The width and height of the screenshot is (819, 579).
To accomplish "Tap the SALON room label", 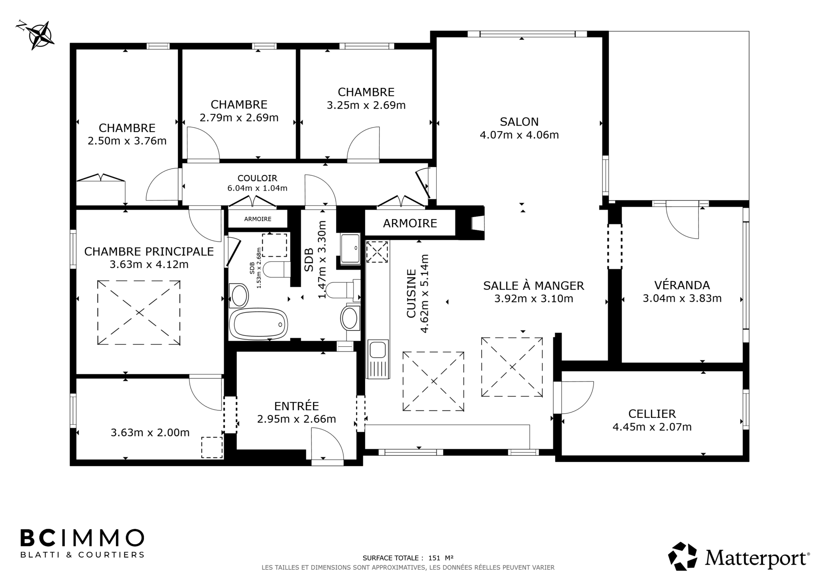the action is (x=519, y=122).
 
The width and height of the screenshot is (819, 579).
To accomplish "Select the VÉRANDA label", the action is (x=682, y=285).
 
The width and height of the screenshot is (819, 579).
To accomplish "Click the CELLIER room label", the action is (x=652, y=413).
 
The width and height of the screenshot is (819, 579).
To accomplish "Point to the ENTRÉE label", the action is (x=296, y=406).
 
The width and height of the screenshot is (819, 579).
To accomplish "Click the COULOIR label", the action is (x=257, y=178).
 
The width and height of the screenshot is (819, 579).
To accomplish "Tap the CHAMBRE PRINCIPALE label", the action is (x=149, y=252).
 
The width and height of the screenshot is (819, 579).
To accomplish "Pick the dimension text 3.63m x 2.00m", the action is (x=150, y=432).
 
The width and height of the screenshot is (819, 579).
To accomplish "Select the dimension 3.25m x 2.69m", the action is (x=366, y=105).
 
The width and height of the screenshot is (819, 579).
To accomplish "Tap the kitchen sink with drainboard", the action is (x=378, y=359).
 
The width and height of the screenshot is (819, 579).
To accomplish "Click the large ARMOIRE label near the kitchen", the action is (x=410, y=223).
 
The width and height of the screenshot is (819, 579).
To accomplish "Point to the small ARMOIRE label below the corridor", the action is (x=258, y=219).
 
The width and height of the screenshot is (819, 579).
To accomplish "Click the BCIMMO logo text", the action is (x=82, y=538).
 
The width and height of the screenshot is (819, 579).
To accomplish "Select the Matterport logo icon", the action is (x=683, y=556).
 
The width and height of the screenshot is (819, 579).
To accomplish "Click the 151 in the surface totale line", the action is (x=434, y=558).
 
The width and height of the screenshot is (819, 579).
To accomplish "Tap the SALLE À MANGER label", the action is (x=533, y=286).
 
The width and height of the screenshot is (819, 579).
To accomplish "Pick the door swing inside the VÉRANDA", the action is (x=682, y=223).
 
